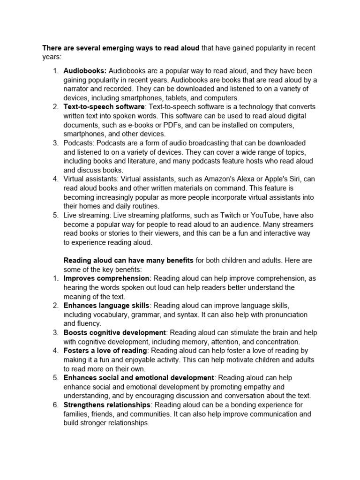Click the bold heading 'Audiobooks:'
[x=85, y=71]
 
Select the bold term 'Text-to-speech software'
[x=104, y=107]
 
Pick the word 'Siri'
[x=292, y=179]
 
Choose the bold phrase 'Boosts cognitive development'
[x=114, y=333]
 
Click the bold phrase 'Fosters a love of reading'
[x=105, y=351]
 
